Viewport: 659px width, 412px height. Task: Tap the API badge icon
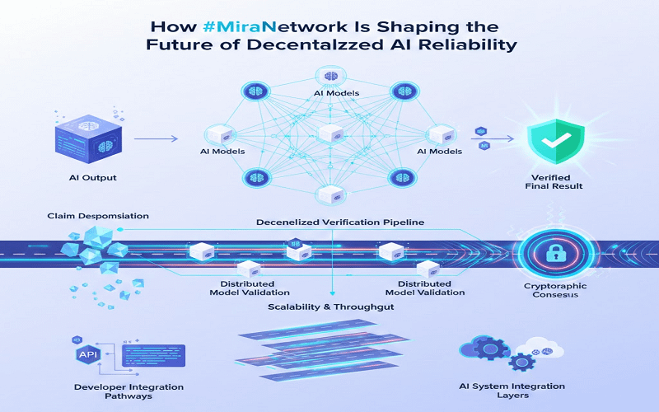[x=87, y=355]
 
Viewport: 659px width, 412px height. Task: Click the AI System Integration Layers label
[x=512, y=391]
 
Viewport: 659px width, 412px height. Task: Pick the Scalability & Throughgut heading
[x=330, y=307]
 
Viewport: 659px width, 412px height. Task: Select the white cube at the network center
[x=329, y=133]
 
